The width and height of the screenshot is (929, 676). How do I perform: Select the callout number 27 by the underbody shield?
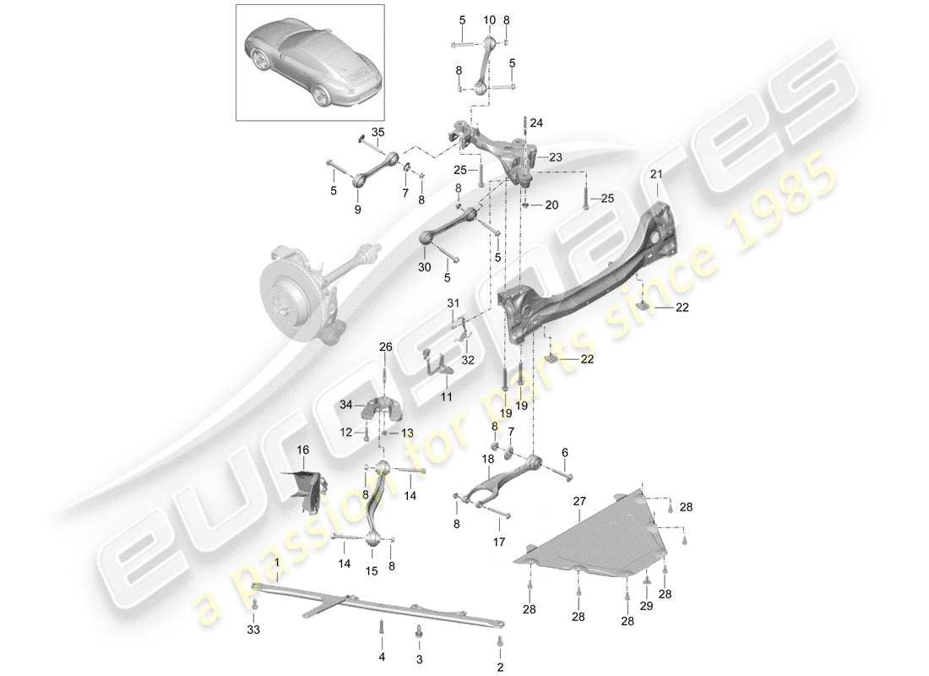pos(579,502)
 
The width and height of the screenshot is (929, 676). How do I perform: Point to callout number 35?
pos(378,132)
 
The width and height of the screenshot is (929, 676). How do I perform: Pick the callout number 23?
pos(556,157)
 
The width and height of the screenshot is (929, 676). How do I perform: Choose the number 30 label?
pos(423,266)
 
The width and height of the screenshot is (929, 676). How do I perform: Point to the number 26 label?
pos(386,346)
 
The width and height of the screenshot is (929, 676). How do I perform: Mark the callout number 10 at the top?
pos(490,19)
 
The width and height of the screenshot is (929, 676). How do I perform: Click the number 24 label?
pos(538,123)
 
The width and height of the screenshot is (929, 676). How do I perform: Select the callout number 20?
pos(551,205)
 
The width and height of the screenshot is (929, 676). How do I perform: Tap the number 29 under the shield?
pos(646,606)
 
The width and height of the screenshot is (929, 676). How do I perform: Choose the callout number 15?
pos(372,571)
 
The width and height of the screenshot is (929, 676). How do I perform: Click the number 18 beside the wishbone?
pos(488,459)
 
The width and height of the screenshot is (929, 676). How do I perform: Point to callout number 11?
pos(445,396)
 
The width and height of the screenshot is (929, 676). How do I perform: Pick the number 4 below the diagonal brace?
pos(381,657)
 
